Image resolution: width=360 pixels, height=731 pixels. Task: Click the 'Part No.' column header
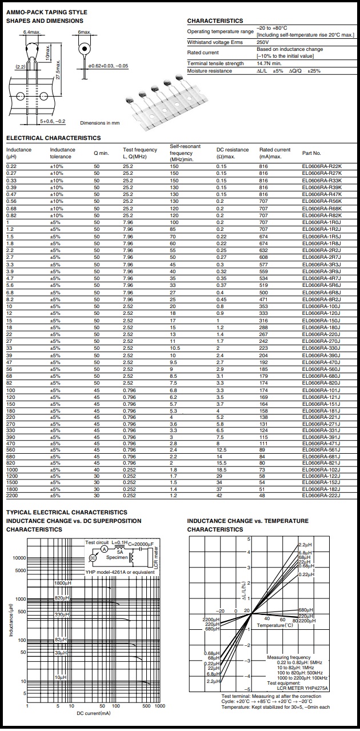pos(312,153)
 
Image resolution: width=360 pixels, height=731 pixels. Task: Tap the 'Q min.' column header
pos(101,153)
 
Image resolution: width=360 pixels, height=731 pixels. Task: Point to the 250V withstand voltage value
pos(262,42)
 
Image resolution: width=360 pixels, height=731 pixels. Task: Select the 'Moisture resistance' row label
pos(210,71)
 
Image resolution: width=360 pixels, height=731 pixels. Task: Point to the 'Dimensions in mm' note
pos(100,123)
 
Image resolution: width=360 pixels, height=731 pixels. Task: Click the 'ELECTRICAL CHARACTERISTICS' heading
pos(53,138)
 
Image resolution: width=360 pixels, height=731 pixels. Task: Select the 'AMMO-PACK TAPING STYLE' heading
pos(46,12)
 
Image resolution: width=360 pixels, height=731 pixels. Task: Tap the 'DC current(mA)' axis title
pos(94,713)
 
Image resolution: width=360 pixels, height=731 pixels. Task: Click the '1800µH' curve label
pos(62,582)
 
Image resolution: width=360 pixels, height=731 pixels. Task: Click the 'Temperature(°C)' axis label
pos(274,626)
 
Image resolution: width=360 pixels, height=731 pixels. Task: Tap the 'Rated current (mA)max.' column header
pos(275,153)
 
